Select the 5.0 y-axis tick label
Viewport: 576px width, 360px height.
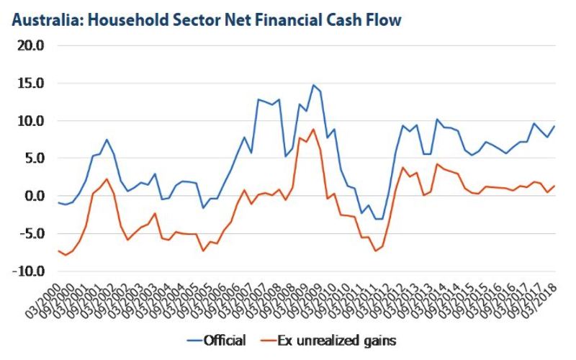pos(34,158)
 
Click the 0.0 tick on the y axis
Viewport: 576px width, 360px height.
pos(34,196)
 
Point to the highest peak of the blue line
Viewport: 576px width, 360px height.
pos(313,85)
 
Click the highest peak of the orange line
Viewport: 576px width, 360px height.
pos(313,130)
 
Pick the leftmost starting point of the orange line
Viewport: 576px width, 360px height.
pos(59,251)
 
